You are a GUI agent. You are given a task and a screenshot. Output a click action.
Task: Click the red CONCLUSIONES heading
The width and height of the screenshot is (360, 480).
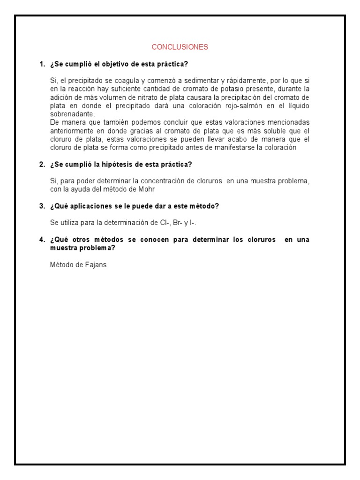coord(180,47)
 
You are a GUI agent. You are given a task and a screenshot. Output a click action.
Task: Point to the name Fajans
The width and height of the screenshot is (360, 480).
coord(97,264)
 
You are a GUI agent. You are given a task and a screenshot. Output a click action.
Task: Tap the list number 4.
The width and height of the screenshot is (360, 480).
coord(42,240)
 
